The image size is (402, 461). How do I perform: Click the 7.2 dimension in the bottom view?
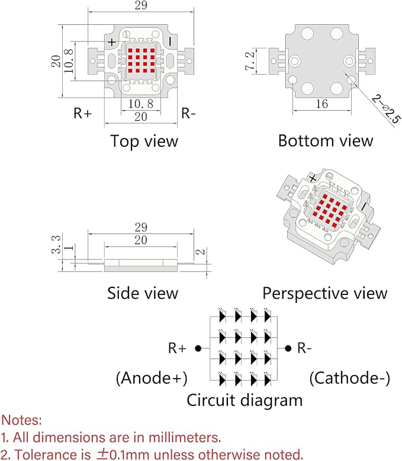250,61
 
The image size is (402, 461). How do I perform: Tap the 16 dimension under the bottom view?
321,104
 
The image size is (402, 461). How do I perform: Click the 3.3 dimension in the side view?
56,244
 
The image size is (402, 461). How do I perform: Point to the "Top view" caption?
144,141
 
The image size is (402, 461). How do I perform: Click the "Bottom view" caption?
326,140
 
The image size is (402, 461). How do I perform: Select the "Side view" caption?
143,293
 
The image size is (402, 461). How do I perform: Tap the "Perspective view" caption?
324,293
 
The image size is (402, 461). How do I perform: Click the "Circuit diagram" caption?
245,401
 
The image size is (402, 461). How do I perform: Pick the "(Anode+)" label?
152,378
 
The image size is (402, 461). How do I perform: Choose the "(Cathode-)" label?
350,378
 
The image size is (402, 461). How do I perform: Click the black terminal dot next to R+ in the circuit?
198,348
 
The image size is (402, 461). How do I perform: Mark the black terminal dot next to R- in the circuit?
288,348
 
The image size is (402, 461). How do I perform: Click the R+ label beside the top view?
82,113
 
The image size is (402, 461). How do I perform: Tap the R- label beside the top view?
188,113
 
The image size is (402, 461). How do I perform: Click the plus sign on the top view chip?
112,42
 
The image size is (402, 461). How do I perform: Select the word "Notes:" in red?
21,420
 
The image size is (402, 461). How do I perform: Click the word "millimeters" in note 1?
185,437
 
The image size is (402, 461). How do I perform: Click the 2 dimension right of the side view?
201,252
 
